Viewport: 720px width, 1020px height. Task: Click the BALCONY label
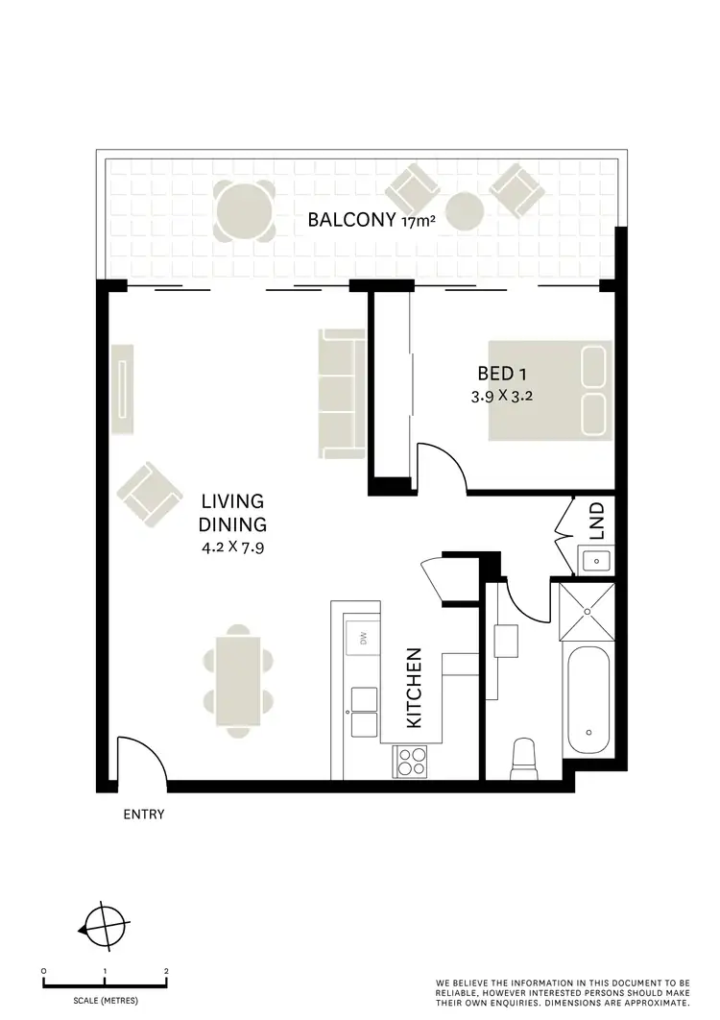click(351, 220)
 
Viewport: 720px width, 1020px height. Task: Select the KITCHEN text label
click(415, 688)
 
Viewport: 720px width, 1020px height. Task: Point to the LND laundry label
click(596, 521)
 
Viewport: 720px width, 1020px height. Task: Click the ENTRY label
click(144, 814)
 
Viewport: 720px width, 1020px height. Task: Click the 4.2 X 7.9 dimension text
click(232, 548)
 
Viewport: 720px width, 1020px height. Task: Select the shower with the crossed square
click(586, 614)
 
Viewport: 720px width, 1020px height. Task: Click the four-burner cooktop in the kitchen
click(411, 762)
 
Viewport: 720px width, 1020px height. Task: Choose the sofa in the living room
click(341, 393)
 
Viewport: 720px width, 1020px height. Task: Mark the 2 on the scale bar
click(166, 971)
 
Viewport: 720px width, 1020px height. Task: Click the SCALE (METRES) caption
click(106, 1001)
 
